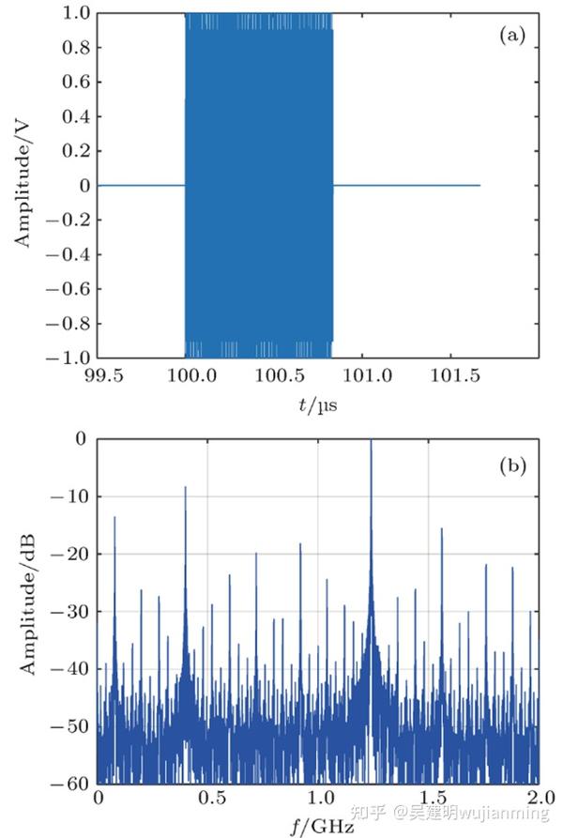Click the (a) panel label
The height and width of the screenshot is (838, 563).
click(512, 36)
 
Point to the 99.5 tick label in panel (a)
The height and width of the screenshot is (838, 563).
click(103, 376)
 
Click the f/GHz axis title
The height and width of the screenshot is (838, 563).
click(319, 826)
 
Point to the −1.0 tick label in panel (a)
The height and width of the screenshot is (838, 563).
click(71, 358)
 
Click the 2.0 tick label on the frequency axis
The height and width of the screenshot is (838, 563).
click(538, 800)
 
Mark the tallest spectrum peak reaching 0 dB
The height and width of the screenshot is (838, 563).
click(371, 441)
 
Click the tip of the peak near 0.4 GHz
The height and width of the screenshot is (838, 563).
click(185, 488)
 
